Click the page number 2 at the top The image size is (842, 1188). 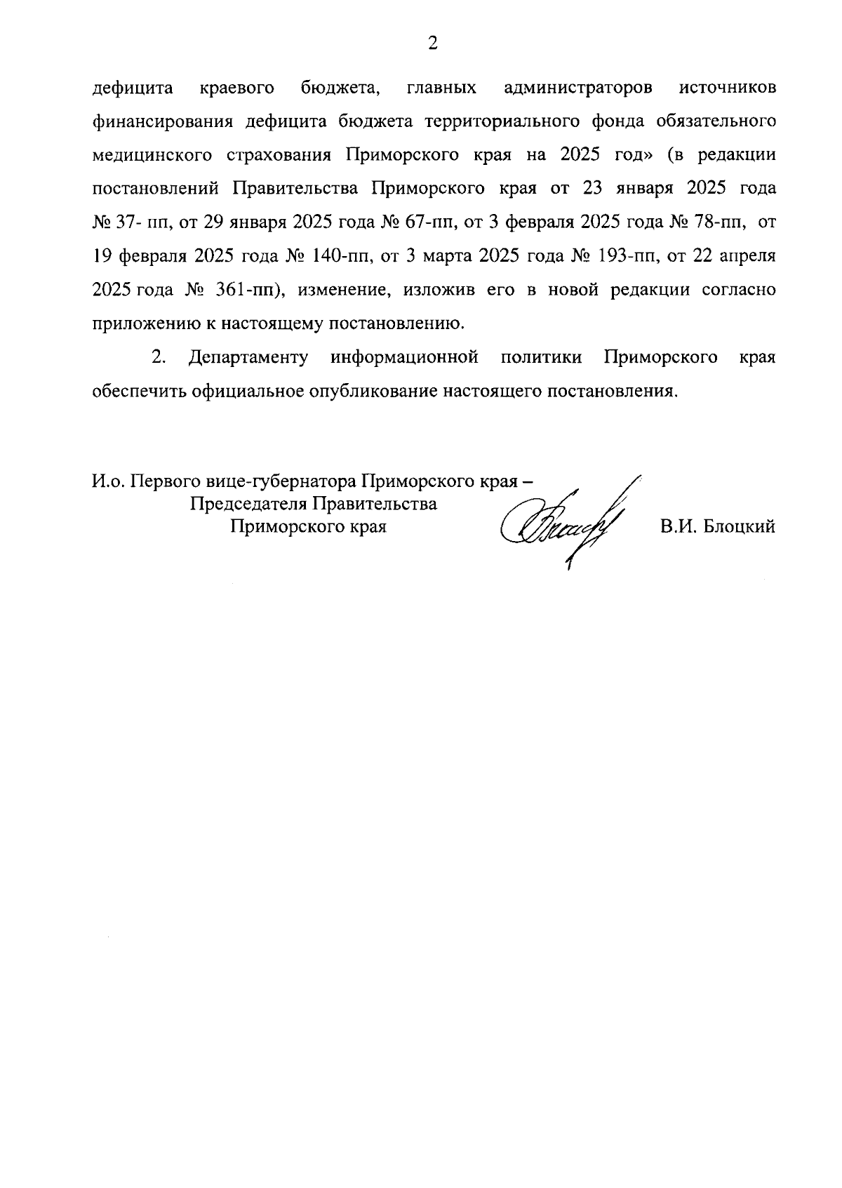coord(432,44)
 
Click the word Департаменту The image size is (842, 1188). coord(248,357)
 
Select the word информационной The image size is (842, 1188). coord(405,357)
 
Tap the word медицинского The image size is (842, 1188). coord(157,155)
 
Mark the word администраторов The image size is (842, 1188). coord(578,88)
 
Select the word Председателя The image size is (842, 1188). coord(250,504)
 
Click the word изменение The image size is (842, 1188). coord(340,290)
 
